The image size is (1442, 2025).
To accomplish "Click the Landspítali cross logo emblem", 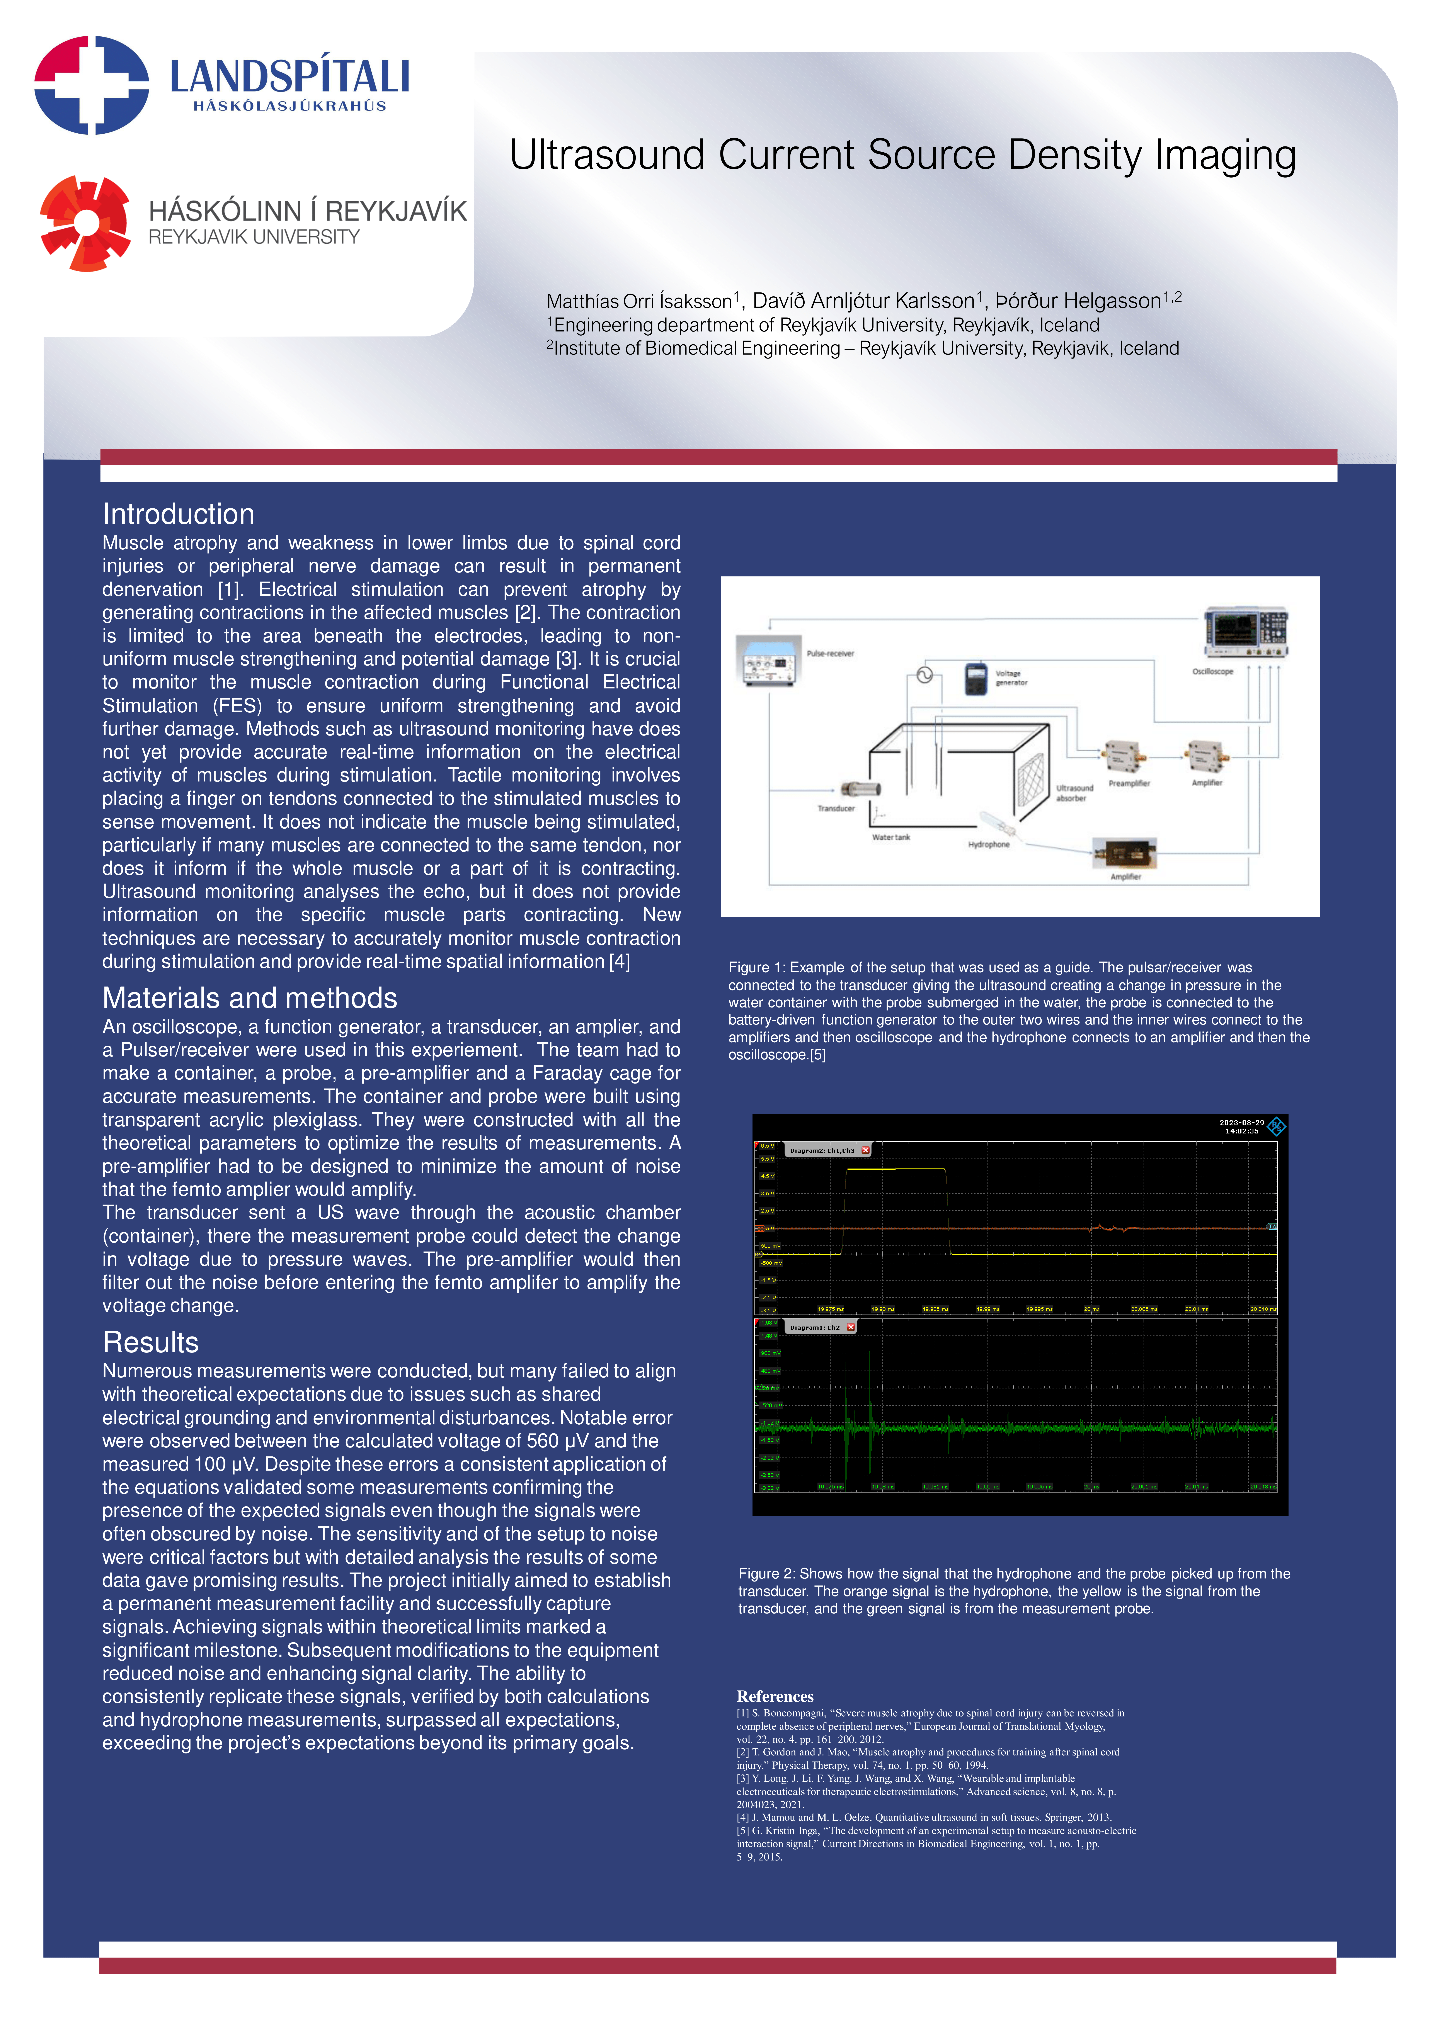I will coord(92,85).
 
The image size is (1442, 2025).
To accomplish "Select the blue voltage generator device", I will coord(976,678).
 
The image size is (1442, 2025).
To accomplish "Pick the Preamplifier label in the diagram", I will coord(1129,783).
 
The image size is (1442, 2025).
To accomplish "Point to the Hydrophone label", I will coord(988,844).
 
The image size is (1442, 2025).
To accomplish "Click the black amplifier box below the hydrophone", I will coord(1124,854).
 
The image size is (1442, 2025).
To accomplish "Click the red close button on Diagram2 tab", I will coord(866,1150).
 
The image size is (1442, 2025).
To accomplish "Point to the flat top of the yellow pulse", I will coord(895,1169).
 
